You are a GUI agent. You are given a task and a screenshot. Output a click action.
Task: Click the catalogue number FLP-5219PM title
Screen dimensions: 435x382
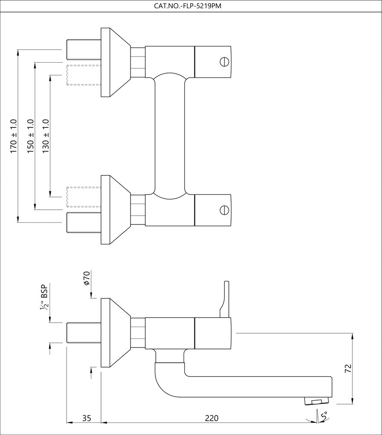pyautogui.click(x=191, y=6)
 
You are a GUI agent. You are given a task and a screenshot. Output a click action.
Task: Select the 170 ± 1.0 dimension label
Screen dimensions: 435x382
pyautogui.click(x=13, y=136)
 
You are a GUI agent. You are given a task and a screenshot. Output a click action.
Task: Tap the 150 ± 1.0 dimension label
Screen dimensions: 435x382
pyautogui.click(x=30, y=136)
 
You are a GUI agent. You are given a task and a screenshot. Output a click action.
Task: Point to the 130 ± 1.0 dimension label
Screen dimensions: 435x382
pyautogui.click(x=46, y=136)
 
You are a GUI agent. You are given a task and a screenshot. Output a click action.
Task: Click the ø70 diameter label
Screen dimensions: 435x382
pyautogui.click(x=87, y=278)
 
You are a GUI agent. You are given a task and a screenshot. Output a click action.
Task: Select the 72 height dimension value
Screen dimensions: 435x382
pyautogui.click(x=348, y=369)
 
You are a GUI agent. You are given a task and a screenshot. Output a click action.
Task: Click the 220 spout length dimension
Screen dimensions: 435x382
pyautogui.click(x=211, y=418)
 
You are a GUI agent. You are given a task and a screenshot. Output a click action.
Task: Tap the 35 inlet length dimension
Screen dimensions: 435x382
pyautogui.click(x=87, y=418)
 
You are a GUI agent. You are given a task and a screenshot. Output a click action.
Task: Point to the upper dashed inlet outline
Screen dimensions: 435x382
pyautogui.click(x=84, y=75)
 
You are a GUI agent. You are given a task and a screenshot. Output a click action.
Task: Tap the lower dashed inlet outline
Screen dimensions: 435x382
pyautogui.click(x=84, y=197)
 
